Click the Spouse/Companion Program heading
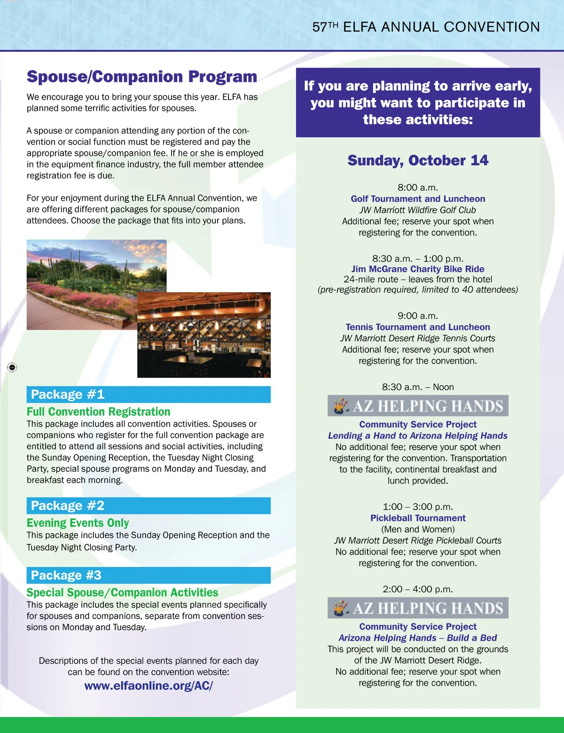[141, 77]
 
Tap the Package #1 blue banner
[149, 394]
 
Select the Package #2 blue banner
[149, 506]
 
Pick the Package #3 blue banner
[149, 575]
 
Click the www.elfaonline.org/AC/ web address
[149, 685]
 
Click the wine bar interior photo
[204, 335]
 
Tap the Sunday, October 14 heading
[418, 160]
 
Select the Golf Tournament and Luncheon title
[418, 199]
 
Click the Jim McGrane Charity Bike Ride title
[418, 269]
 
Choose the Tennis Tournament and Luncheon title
[418, 327]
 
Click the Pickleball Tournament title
[418, 518]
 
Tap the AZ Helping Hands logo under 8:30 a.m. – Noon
[418, 406]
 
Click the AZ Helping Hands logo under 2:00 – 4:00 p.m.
[418, 608]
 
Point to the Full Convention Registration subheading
[98, 412]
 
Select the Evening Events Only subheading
[78, 523]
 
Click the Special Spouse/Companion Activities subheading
[122, 592]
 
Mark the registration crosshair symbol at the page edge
[12, 367]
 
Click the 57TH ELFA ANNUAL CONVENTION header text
[426, 27]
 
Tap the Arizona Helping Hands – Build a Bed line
[418, 638]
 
